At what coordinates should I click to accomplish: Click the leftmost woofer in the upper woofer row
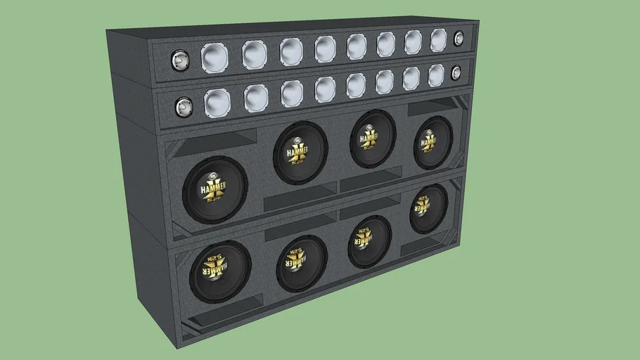tap(215, 190)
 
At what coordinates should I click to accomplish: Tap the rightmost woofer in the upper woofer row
tap(433, 143)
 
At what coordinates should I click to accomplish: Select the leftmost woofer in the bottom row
tap(220, 271)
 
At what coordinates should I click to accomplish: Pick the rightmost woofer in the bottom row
tap(428, 209)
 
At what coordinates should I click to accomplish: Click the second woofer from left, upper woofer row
tap(300, 152)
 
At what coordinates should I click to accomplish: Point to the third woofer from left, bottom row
tap(369, 241)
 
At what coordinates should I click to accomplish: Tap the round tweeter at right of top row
tap(459, 39)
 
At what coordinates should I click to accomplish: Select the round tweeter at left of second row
tap(184, 108)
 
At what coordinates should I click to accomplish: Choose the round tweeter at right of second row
tap(456, 72)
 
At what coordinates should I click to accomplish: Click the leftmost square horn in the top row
tap(215, 58)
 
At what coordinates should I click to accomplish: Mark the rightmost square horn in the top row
tap(438, 40)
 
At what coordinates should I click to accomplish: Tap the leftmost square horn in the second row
tap(217, 103)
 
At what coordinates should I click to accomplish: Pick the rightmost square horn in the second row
tap(436, 75)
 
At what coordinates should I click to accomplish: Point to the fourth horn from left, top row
tap(325, 49)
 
